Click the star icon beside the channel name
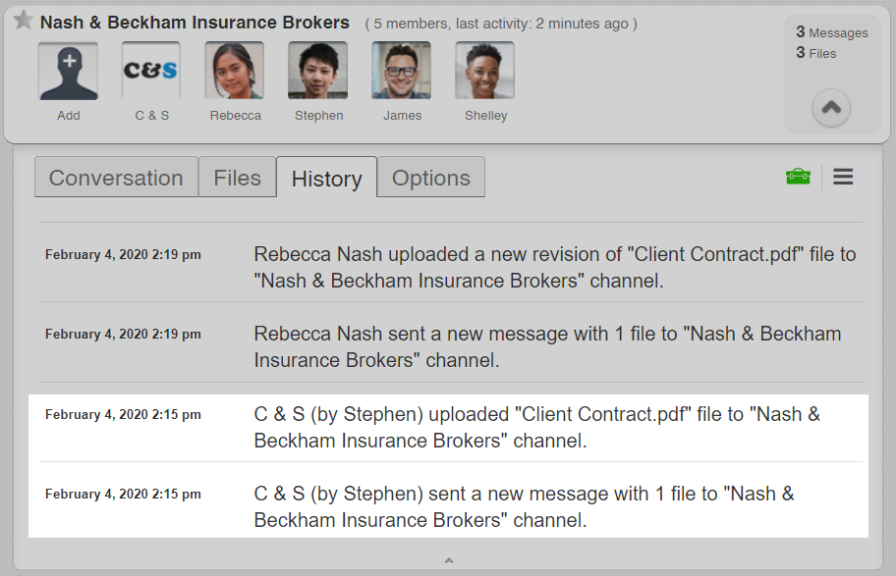click(23, 21)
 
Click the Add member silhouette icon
click(68, 71)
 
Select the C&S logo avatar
click(151, 71)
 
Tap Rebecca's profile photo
click(235, 71)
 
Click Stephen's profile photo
click(317, 71)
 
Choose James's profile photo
click(401, 71)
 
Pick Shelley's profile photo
click(484, 71)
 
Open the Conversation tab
click(116, 178)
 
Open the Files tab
click(237, 178)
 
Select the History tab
click(326, 179)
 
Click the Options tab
click(430, 178)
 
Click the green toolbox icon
click(798, 177)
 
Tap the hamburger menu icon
click(843, 177)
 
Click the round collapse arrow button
click(831, 108)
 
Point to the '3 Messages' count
click(831, 32)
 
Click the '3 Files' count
click(816, 53)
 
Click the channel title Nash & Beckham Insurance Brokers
click(195, 22)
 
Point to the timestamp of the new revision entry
click(123, 254)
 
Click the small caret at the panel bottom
click(448, 560)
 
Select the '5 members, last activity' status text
click(501, 24)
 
